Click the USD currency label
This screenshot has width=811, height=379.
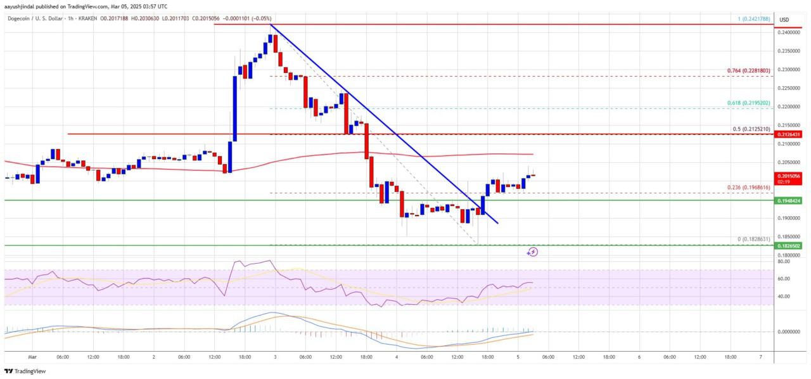pos(785,19)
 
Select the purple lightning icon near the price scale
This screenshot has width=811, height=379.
pos(533,252)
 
